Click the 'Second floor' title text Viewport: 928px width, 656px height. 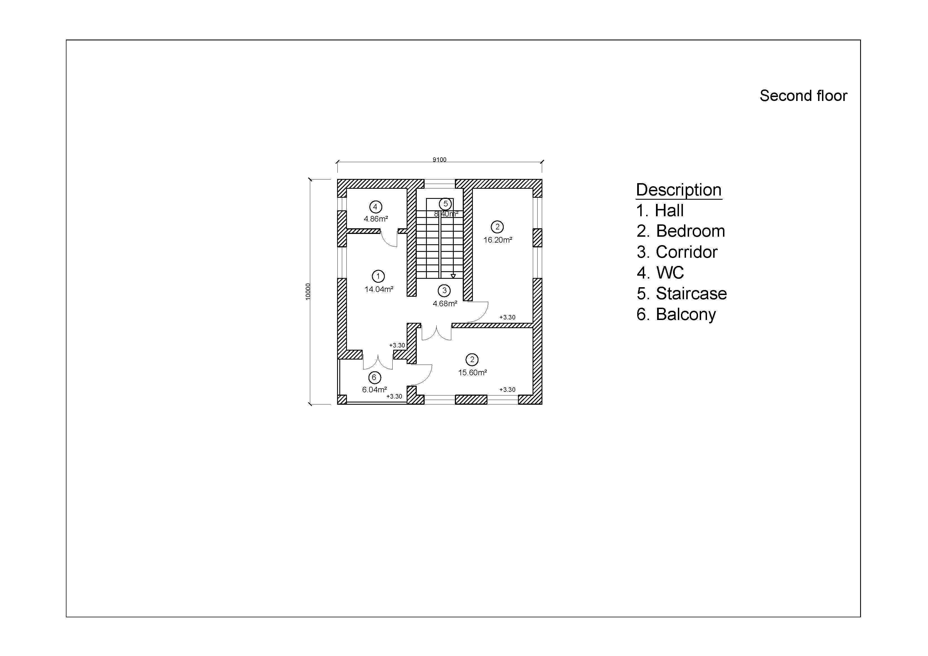(803, 96)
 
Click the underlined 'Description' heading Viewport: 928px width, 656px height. (679, 190)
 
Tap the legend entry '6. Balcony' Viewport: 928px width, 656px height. (676, 314)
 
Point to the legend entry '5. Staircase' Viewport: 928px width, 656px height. (681, 293)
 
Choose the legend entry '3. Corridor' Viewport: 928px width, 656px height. (677, 252)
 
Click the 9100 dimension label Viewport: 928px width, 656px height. (439, 160)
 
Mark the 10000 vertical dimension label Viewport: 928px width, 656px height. (308, 291)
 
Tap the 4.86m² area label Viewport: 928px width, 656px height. (376, 219)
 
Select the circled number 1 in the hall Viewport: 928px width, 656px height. (378, 277)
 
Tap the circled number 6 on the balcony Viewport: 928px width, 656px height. (374, 378)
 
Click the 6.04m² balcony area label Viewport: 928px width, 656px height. (375, 390)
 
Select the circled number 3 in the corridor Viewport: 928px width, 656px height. (444, 290)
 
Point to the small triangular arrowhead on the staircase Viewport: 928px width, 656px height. (453, 276)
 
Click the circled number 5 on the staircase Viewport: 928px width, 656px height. (445, 204)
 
